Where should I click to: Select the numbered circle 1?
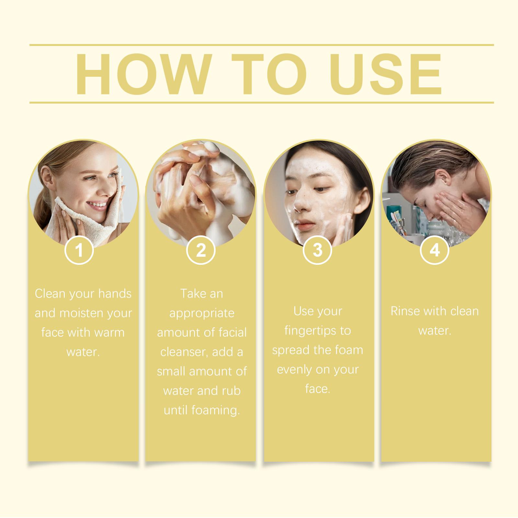point(79,250)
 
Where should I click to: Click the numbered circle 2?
point(201,250)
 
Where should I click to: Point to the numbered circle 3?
point(318,250)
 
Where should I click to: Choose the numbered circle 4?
point(434,250)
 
